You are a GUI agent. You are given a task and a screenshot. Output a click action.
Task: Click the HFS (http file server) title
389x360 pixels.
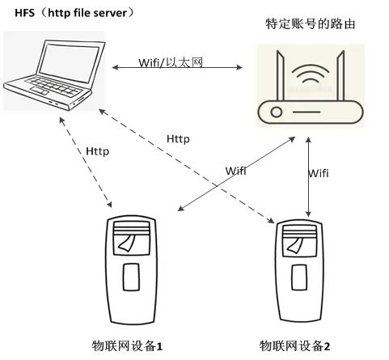point(74,13)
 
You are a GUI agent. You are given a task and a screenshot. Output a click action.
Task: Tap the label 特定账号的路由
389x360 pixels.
point(311,24)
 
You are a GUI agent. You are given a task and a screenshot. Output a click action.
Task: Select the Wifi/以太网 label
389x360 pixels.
point(171,62)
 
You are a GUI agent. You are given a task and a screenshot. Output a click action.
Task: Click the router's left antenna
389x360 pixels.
point(281,76)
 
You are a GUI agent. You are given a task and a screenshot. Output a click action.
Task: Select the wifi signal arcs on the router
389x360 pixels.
point(311,74)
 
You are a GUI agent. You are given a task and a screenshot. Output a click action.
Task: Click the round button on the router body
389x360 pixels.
point(277,112)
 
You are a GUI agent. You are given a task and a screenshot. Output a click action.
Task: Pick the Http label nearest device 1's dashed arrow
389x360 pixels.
point(98,151)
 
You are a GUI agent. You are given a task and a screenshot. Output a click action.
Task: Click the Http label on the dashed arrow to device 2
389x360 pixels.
point(178,139)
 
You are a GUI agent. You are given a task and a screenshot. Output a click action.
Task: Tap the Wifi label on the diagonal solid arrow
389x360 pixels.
point(235,171)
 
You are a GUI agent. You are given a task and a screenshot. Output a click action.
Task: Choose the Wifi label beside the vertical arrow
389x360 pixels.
point(319,173)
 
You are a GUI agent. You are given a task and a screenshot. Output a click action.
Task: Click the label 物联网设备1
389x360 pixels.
point(127,346)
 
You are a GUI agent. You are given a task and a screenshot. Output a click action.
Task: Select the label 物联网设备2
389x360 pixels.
point(294,346)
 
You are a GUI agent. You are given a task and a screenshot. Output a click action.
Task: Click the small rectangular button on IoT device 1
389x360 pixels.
point(131,277)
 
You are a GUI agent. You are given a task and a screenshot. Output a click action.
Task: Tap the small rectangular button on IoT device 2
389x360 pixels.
point(299,277)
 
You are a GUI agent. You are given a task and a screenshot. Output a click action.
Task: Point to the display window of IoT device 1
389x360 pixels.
point(132,238)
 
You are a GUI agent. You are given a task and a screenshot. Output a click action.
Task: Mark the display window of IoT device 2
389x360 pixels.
point(299,240)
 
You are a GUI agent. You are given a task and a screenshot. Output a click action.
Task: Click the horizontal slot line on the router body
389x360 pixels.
point(307,112)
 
